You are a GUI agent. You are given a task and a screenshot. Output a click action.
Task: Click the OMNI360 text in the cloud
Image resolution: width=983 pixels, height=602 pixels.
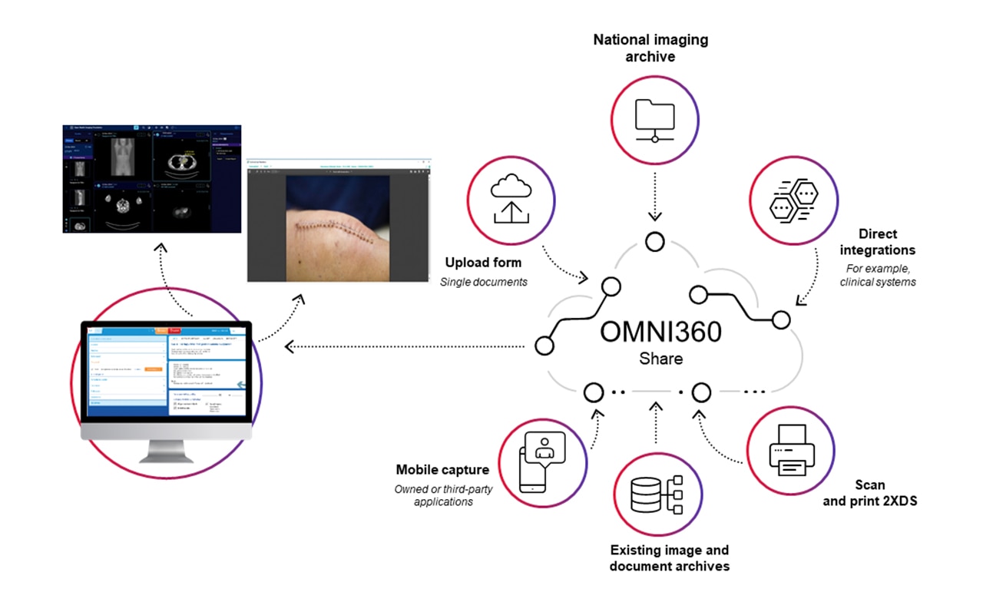click(661, 332)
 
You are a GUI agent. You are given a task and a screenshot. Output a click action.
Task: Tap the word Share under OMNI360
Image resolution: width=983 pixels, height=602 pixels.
click(660, 359)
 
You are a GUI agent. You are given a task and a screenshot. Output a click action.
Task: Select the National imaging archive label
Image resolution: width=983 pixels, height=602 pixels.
click(650, 48)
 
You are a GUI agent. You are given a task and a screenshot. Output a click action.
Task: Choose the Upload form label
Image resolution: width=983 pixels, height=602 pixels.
click(483, 263)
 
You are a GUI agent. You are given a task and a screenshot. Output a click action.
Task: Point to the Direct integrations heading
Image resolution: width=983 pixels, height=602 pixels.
click(877, 241)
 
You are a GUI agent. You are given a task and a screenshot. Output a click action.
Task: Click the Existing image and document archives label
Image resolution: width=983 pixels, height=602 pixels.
click(669, 558)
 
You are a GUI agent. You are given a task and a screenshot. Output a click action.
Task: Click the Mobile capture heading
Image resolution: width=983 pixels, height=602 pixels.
click(442, 469)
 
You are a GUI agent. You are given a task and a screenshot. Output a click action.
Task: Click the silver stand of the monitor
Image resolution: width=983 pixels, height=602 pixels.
click(168, 450)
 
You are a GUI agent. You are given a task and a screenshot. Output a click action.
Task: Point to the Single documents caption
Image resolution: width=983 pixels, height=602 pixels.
click(483, 282)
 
